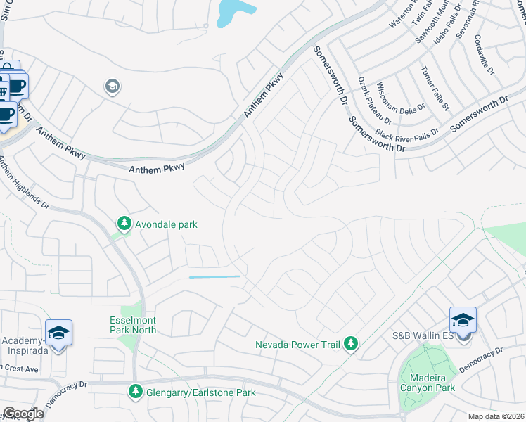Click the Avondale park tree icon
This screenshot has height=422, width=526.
(x=124, y=224)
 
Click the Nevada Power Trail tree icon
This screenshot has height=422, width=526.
(x=350, y=344)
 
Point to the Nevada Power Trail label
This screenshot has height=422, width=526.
(x=297, y=345)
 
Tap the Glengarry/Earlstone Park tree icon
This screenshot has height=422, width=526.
(x=134, y=390)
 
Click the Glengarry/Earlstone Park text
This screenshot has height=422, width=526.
(x=200, y=392)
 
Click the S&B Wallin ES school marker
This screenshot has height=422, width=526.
(x=463, y=321)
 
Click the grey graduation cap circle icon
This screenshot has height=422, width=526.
(x=112, y=87)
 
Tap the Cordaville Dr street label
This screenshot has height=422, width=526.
(x=485, y=56)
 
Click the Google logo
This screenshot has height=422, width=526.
(x=23, y=414)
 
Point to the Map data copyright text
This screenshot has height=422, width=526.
(x=496, y=416)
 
